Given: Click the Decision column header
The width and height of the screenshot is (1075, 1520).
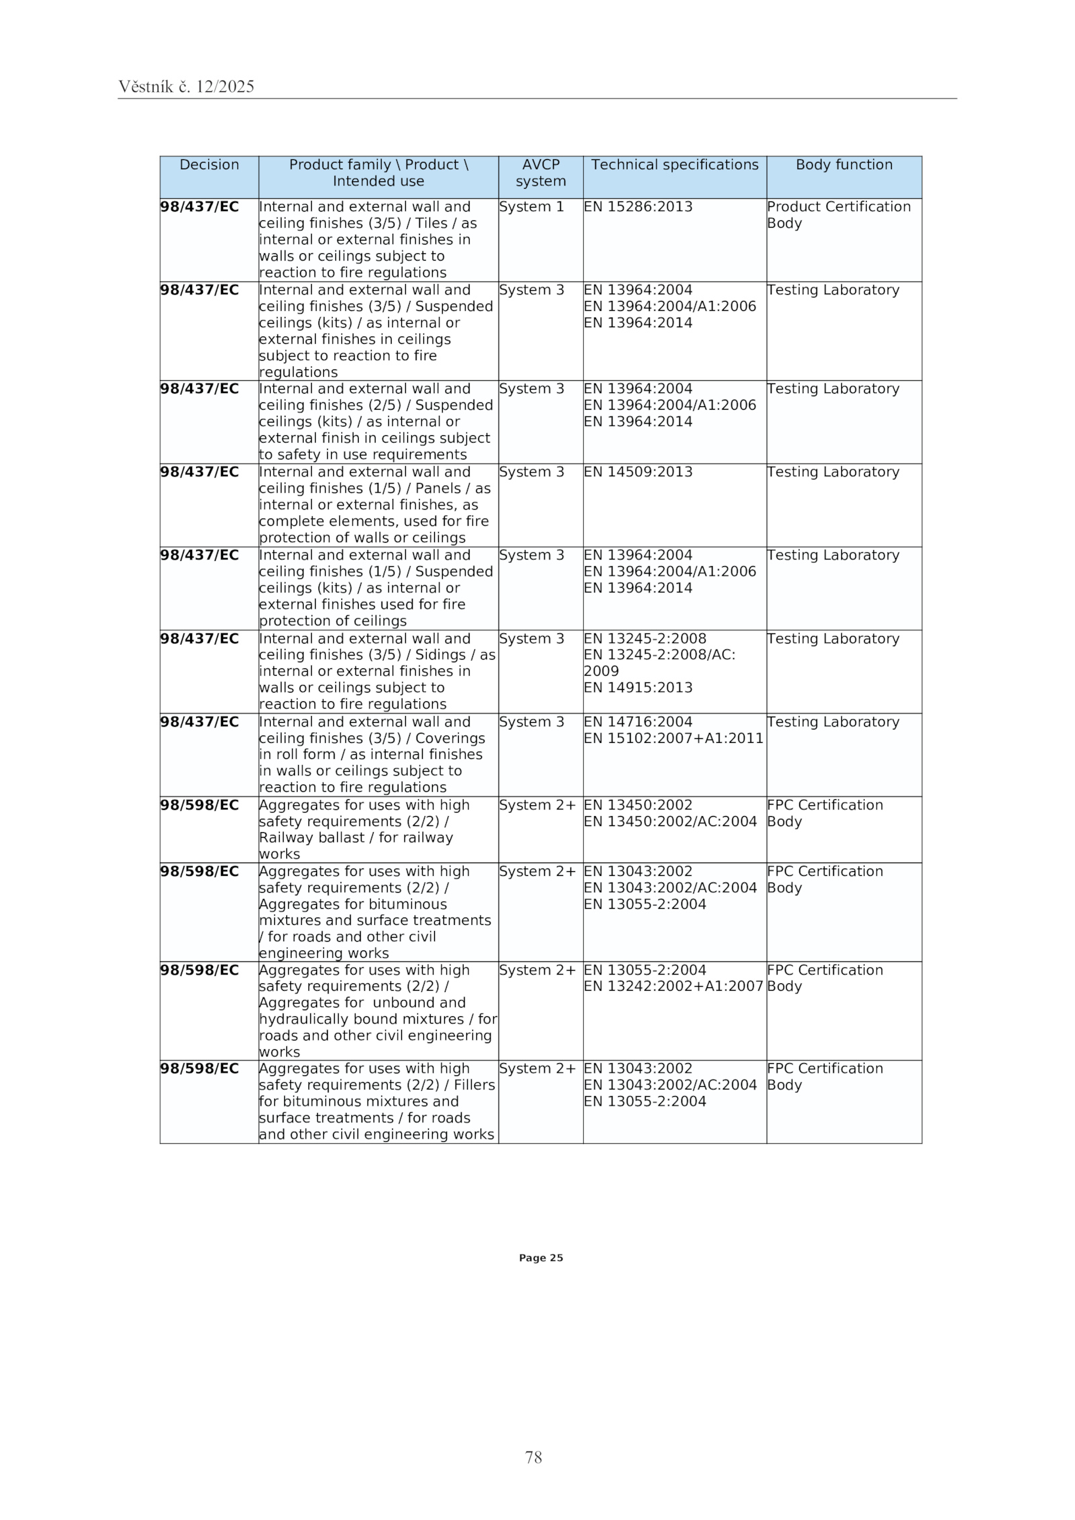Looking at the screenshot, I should (x=209, y=165).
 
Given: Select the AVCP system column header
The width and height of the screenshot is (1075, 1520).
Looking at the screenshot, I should (x=540, y=173).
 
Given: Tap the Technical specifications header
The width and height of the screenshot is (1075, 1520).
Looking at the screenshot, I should (x=674, y=165).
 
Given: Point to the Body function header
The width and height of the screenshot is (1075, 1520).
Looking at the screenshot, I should (x=843, y=165).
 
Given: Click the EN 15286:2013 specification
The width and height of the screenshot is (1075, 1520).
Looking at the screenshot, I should (x=638, y=207).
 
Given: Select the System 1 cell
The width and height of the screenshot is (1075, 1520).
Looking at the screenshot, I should (x=531, y=207).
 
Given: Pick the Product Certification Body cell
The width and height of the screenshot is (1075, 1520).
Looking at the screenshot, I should (x=838, y=214).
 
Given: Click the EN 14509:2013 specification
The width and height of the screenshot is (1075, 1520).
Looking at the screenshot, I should (x=638, y=472).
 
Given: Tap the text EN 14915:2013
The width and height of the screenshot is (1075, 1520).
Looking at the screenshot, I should (x=638, y=688).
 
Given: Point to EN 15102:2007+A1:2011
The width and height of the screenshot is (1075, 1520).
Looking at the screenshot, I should (x=673, y=738).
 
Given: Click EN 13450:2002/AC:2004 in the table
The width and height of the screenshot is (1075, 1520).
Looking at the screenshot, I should (x=670, y=821).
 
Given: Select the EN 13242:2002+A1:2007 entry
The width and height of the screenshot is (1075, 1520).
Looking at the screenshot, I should (x=673, y=986).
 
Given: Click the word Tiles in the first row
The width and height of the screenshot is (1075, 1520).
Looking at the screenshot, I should (x=431, y=223).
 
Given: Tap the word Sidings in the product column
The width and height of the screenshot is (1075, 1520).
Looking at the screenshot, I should (x=440, y=655).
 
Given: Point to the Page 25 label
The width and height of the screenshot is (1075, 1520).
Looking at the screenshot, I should (x=540, y=1258).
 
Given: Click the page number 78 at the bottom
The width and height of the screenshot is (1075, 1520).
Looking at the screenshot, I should (x=533, y=1457).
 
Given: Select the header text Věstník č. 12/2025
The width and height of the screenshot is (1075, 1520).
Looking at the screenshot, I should (x=186, y=87).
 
